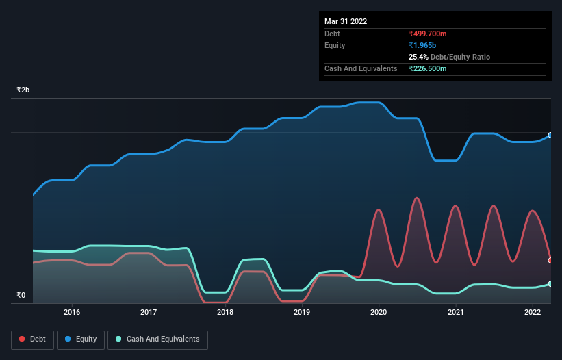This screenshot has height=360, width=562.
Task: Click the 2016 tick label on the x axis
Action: [x=72, y=312]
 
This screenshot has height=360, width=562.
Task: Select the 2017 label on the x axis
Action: [x=149, y=312]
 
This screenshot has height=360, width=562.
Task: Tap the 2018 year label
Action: [x=225, y=312]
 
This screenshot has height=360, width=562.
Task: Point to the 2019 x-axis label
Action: [x=302, y=312]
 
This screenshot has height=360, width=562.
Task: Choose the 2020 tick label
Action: [x=379, y=312]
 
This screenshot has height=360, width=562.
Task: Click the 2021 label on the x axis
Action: [x=455, y=312]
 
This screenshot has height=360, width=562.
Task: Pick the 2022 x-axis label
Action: [x=532, y=312]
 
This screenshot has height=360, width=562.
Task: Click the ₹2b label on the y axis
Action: [x=23, y=90]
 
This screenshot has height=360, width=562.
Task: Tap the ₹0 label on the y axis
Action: [x=21, y=296]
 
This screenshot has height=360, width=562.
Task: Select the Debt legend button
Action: [x=31, y=339]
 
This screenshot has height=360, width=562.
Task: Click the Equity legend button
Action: [x=81, y=339]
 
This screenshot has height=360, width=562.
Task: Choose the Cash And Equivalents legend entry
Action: [x=157, y=339]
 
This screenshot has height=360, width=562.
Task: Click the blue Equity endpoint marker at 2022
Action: [x=550, y=136]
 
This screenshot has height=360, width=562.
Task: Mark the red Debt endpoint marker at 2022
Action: [x=550, y=260]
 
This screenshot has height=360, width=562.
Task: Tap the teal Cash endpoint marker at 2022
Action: [x=550, y=283]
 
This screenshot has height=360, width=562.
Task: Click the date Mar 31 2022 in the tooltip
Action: [x=346, y=21]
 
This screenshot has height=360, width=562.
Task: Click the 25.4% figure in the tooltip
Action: [x=418, y=57]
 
